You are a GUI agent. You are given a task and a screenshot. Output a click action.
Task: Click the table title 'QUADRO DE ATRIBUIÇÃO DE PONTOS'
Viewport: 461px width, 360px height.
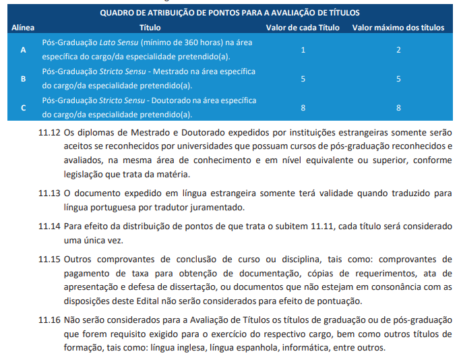click(x=230, y=13)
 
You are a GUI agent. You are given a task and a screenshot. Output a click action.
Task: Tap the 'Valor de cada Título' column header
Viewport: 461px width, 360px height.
click(x=303, y=28)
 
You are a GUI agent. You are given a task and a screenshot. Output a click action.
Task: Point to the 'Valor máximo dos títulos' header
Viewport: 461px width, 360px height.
click(x=398, y=28)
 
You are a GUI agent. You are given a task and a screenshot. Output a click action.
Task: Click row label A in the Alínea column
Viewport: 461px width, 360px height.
click(x=24, y=50)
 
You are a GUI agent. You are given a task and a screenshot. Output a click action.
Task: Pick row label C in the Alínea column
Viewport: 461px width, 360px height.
click(x=24, y=107)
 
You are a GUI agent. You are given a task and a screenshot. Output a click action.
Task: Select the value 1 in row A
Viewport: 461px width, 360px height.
click(x=303, y=50)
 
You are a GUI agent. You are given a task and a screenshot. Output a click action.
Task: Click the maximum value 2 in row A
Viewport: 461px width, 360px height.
click(x=398, y=50)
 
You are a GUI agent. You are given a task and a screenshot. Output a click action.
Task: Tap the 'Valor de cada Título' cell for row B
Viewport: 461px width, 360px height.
click(x=303, y=79)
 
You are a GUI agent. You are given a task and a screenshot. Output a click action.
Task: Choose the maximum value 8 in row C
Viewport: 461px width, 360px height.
click(x=398, y=107)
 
